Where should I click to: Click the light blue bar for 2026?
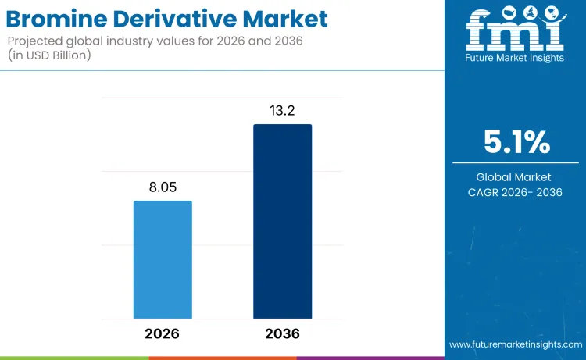163,259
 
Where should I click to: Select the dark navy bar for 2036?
282,221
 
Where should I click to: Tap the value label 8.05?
163,187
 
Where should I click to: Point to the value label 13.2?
282,111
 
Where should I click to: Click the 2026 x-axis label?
163,333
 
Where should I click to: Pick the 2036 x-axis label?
282,333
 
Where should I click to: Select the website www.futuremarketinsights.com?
516,344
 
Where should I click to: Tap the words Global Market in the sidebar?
515,177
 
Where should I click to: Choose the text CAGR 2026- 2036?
515,192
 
